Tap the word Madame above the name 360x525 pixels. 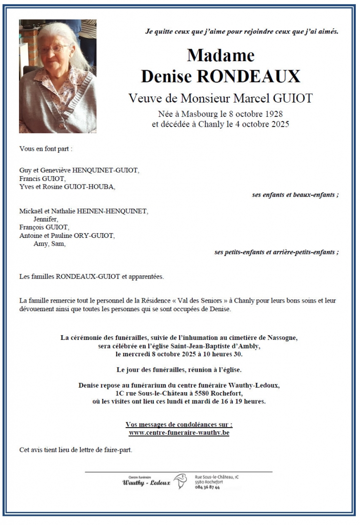coord(221,55)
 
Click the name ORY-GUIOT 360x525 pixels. coord(95,235)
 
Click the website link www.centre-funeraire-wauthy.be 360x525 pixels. coord(179,433)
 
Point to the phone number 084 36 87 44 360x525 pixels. coord(208,487)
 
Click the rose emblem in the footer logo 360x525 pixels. coord(180,481)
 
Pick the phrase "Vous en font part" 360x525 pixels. coord(44,149)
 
